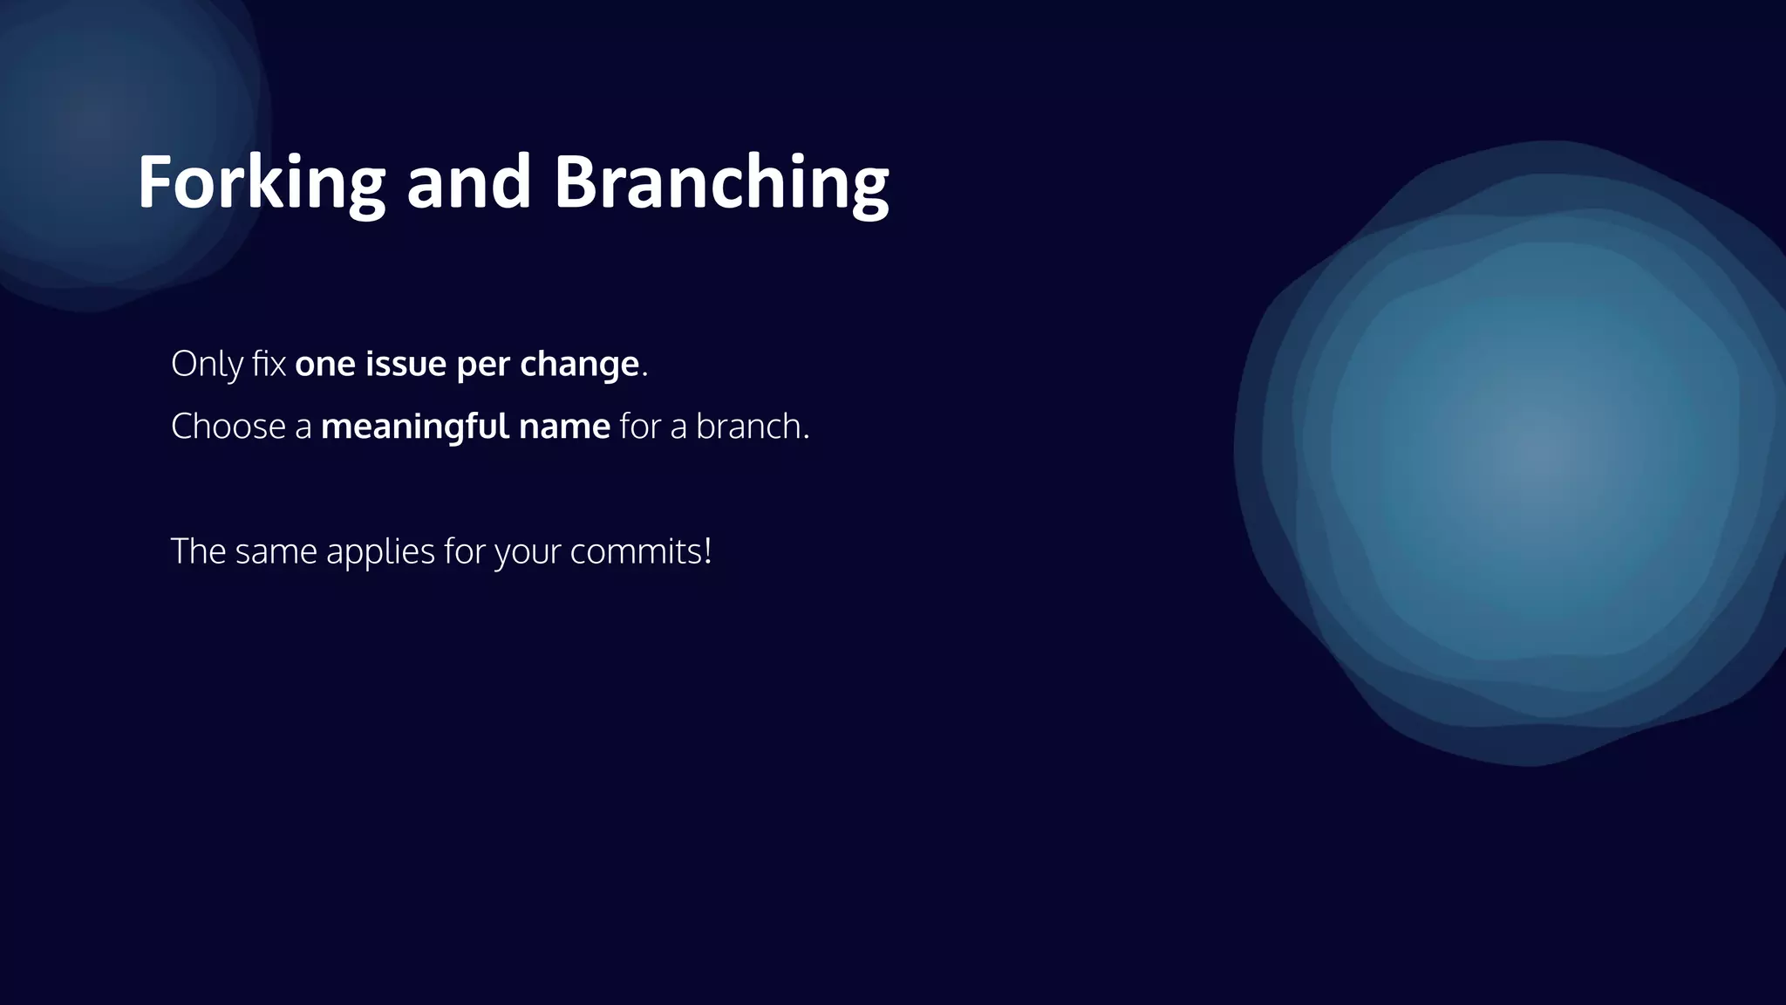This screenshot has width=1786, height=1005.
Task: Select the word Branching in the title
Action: [x=721, y=182]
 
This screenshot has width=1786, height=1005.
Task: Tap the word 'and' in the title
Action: [x=468, y=182]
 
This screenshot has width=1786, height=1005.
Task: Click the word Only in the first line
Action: [x=207, y=364]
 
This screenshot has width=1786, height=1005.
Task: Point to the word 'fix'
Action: [x=269, y=364]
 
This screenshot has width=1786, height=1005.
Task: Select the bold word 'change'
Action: [x=579, y=364]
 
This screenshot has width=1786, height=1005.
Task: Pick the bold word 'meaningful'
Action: [x=414, y=427]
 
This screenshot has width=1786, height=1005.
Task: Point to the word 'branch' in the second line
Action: [x=748, y=427]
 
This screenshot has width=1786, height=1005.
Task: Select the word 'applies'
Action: [x=380, y=552]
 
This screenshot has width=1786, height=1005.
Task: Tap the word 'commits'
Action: [x=635, y=552]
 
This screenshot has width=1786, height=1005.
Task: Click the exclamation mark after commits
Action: [x=707, y=551]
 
